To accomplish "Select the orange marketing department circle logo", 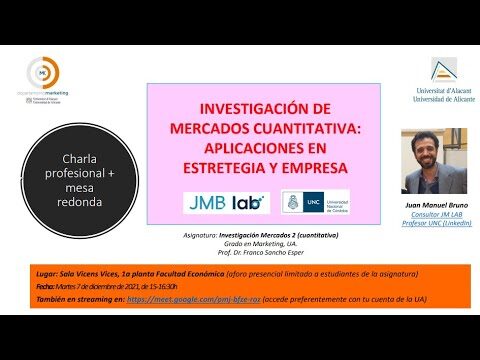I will pos(43,72).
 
